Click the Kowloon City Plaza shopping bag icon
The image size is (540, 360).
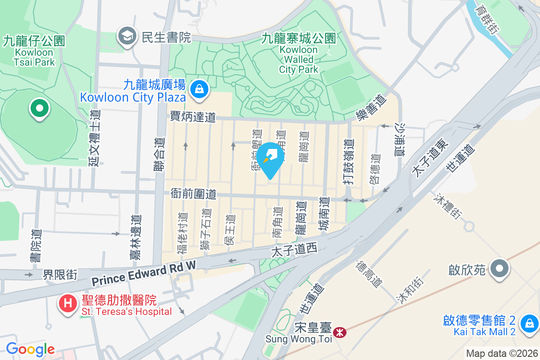click(x=198, y=89)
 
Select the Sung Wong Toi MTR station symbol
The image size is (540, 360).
click(x=340, y=333)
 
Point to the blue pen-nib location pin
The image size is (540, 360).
click(x=270, y=158)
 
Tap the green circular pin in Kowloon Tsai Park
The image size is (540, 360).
click(x=39, y=109)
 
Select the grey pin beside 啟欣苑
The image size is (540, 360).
click(x=499, y=269)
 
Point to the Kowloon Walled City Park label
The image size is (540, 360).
click(x=298, y=54)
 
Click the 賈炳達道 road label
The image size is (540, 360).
click(x=193, y=117)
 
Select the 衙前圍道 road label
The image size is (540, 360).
click(x=193, y=194)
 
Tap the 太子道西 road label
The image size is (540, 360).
click(x=294, y=249)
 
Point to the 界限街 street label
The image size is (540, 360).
click(x=60, y=274)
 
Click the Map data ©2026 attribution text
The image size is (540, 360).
click(x=502, y=353)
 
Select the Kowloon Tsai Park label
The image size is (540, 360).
click(x=34, y=52)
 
